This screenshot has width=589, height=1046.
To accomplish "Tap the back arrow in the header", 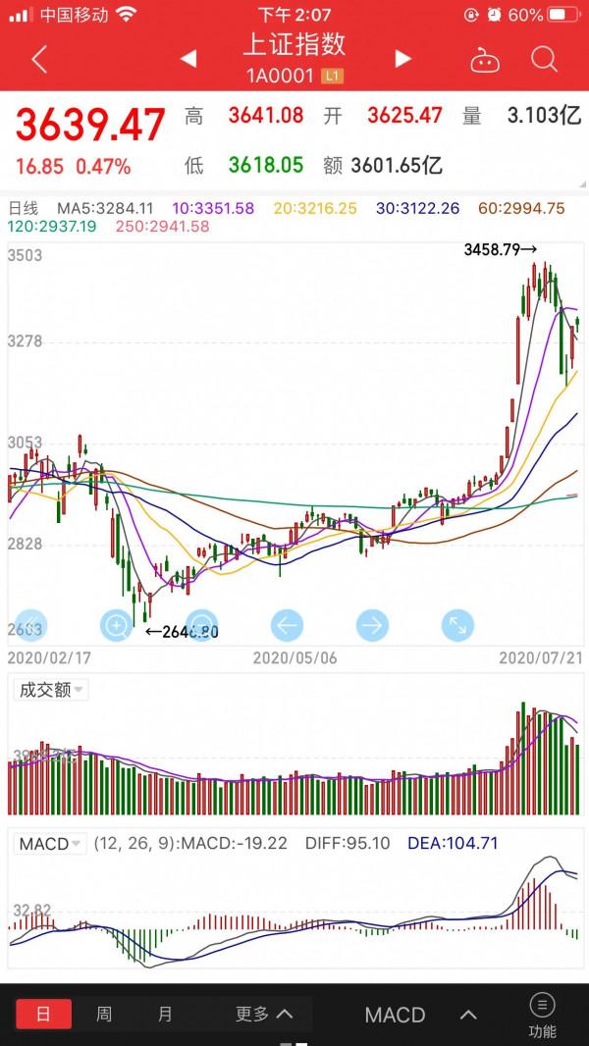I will click(x=39, y=60).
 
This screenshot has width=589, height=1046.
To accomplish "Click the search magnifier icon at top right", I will click(x=544, y=60).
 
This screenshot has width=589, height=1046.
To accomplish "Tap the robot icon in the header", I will click(x=484, y=60).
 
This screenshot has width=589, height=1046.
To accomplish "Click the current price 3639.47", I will click(x=90, y=125).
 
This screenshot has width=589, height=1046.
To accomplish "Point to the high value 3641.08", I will click(x=266, y=116).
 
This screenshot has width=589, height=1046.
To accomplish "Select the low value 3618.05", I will click(x=266, y=165).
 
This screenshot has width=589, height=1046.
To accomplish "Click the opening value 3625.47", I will click(x=404, y=116).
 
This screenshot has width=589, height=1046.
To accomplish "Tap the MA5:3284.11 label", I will click(x=105, y=208).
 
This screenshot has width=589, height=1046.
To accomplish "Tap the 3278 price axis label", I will click(x=26, y=341).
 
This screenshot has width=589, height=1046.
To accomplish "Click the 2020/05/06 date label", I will click(x=294, y=657).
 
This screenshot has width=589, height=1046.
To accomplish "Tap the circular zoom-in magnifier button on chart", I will click(x=116, y=624).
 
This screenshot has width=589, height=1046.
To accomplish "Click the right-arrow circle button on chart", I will click(x=372, y=624).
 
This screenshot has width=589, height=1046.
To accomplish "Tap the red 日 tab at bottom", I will click(x=42, y=1015).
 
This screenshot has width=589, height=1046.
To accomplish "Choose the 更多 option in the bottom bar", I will click(x=263, y=1015).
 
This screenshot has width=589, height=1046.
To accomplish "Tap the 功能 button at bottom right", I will click(x=542, y=1015).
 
